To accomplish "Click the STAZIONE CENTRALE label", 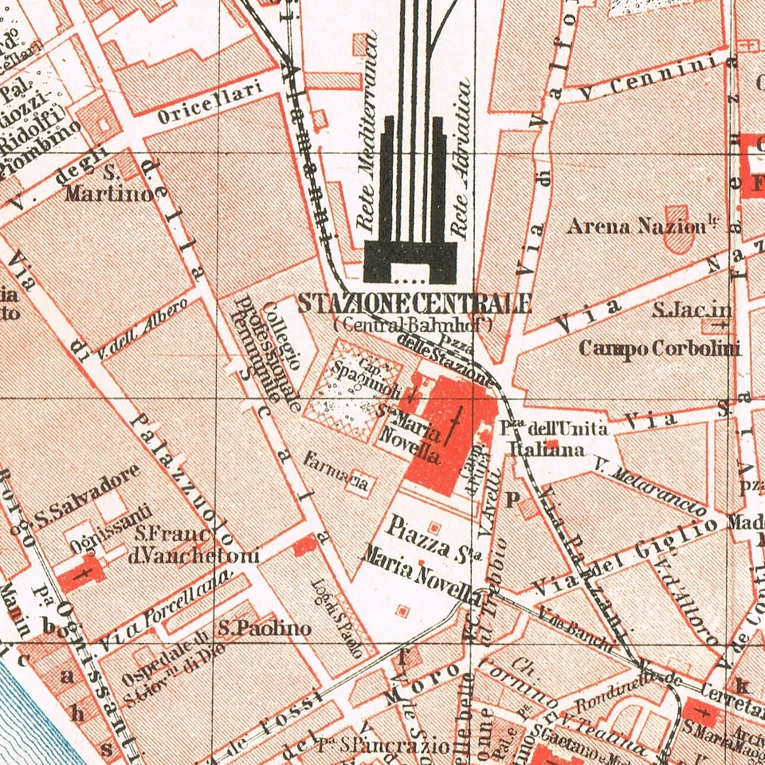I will pyautogui.click(x=414, y=304).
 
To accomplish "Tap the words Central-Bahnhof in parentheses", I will pyautogui.click(x=414, y=324).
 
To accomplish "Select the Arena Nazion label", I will pyautogui.click(x=637, y=227).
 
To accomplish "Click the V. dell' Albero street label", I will pyautogui.click(x=143, y=326).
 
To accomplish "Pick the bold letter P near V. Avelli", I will pyautogui.click(x=513, y=499).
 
